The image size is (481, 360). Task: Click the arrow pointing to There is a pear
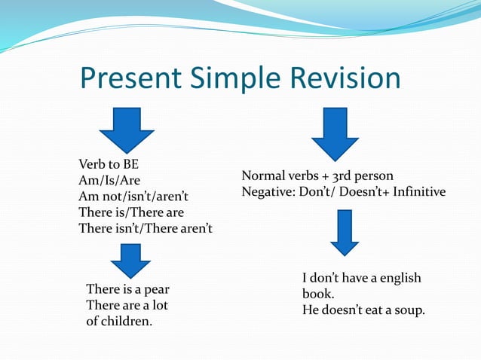pyautogui.click(x=130, y=261)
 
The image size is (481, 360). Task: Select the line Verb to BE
pyautogui.click(x=109, y=164)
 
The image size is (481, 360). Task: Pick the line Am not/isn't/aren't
pyautogui.click(x=134, y=197)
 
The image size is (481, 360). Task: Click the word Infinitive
pyautogui.click(x=415, y=192)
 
